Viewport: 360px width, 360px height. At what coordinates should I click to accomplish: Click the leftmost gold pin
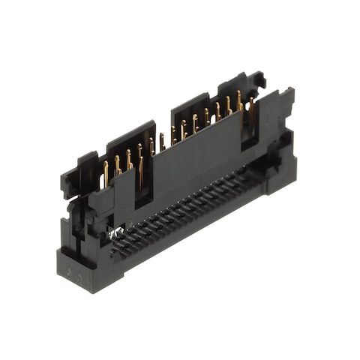click(x=106, y=173)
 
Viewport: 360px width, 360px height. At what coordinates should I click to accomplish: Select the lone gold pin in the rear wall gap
click(x=162, y=141)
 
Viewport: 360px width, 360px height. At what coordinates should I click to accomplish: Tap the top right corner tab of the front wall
click(x=285, y=96)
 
